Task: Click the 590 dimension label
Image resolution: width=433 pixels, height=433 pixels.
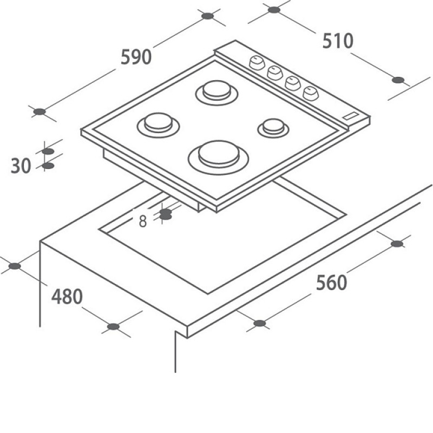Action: [136, 57]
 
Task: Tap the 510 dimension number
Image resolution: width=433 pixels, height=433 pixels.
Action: [338, 41]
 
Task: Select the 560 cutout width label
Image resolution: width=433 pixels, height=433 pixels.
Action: [331, 283]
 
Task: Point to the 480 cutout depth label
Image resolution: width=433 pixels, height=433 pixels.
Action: [67, 296]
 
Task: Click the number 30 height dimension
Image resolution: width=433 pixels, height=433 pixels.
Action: [21, 166]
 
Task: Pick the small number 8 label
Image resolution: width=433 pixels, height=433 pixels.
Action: [142, 221]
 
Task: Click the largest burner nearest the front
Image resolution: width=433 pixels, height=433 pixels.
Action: [219, 158]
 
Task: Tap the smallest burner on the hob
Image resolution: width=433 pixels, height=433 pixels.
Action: [273, 128]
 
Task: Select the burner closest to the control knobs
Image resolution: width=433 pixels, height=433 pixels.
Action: [216, 93]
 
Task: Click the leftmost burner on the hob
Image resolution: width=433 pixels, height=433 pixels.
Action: [158, 125]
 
